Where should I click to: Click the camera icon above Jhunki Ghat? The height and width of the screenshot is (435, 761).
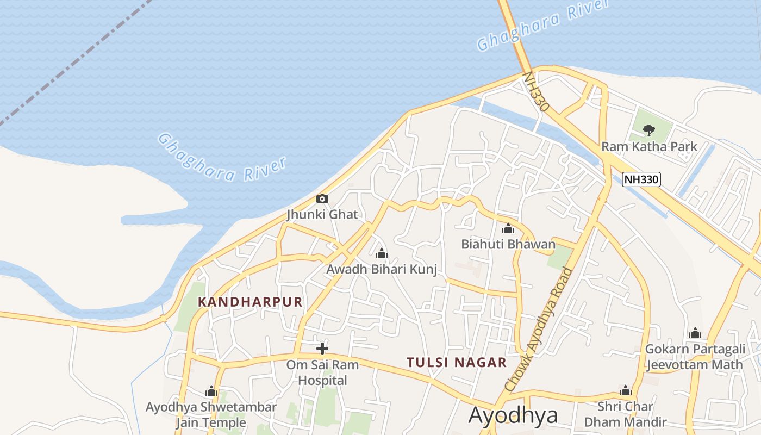click(x=322, y=199)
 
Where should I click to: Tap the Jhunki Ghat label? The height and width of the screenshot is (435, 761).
click(x=322, y=214)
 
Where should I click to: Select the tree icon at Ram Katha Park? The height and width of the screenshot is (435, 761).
click(x=648, y=130)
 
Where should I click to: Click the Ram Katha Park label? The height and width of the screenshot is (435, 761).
click(x=649, y=147)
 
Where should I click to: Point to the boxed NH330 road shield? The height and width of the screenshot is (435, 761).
click(x=641, y=179)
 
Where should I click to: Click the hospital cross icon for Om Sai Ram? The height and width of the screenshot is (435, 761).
click(x=322, y=348)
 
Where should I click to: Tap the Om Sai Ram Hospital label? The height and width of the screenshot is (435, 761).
click(x=322, y=372)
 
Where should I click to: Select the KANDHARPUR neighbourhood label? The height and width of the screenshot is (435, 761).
click(x=250, y=302)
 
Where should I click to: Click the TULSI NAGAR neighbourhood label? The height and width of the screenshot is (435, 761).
click(x=457, y=362)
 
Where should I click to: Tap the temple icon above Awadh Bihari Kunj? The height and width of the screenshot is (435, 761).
click(x=382, y=253)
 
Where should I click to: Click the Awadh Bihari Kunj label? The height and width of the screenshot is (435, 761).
click(x=382, y=269)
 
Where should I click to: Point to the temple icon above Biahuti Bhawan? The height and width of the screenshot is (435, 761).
click(x=508, y=228)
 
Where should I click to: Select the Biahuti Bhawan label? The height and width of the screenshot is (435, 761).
click(x=508, y=244)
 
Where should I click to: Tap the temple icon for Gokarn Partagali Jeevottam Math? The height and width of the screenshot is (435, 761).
click(x=695, y=333)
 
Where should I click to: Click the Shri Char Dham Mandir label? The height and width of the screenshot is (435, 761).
click(x=625, y=414)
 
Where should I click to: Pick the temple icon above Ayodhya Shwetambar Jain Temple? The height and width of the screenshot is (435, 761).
click(x=211, y=391)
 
